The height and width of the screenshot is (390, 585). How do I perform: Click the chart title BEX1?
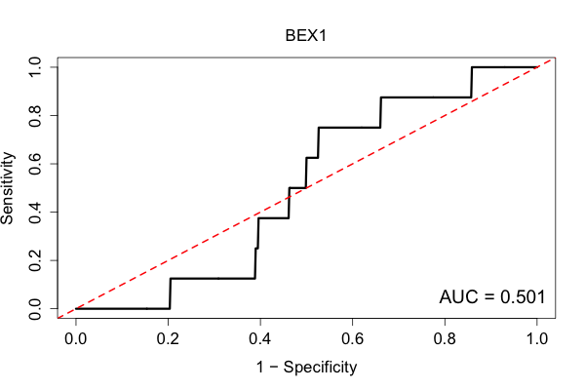tap(306, 36)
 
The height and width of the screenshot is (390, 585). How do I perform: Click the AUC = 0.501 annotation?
tap(492, 297)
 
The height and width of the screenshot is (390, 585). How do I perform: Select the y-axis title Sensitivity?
tap(8, 188)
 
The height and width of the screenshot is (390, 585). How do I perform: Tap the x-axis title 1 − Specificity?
tap(306, 368)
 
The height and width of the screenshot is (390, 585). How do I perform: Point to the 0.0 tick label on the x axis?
tap(76, 339)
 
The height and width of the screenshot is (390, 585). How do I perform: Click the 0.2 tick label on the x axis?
tap(168, 339)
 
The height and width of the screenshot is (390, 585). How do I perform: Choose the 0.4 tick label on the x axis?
tap(260, 339)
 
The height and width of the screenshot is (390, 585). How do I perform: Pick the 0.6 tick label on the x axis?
tap(352, 339)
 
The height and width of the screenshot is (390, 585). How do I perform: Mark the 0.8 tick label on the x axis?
tap(445, 339)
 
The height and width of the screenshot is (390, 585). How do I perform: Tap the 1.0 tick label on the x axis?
tap(537, 339)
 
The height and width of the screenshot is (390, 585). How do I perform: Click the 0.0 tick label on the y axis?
tap(35, 309)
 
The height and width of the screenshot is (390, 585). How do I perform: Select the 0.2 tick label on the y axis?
tap(35, 260)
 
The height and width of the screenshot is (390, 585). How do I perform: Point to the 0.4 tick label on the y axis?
tap(35, 212)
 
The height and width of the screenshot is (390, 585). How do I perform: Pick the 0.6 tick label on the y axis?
tap(35, 164)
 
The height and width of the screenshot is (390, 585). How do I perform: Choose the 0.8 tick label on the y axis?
tap(35, 116)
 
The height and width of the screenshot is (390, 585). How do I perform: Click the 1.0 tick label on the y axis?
tap(35, 67)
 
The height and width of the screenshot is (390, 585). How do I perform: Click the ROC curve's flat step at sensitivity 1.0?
tap(504, 67)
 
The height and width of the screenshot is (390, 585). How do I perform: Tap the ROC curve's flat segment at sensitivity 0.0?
tap(123, 309)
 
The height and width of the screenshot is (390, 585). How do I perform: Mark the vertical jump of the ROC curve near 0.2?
tap(170, 293)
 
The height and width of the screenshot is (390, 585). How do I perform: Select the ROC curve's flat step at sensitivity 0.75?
tap(349, 128)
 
